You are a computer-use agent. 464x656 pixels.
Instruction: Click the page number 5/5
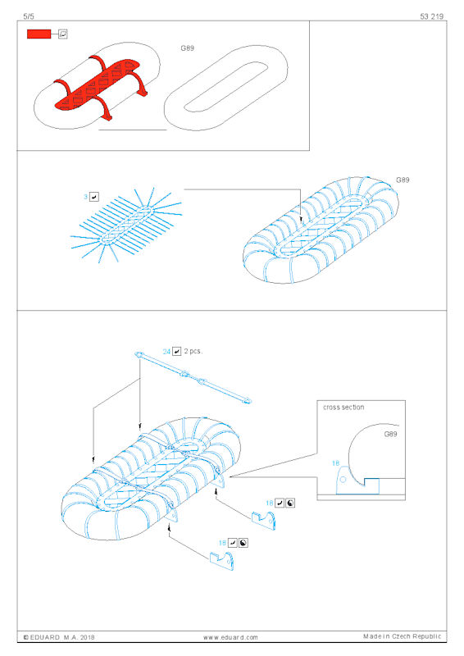click(29, 16)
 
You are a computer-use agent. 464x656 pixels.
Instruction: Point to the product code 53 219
click(431, 16)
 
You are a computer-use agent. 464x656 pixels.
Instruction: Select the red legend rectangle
click(39, 34)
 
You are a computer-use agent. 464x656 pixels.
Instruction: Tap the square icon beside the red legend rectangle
click(63, 34)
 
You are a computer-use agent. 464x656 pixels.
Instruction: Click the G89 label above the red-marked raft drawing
click(188, 48)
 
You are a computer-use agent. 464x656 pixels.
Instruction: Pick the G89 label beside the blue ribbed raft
click(403, 180)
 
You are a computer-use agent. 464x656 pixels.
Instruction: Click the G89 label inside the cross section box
click(390, 434)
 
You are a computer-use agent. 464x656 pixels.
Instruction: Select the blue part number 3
click(86, 197)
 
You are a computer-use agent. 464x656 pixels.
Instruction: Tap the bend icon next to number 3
click(94, 197)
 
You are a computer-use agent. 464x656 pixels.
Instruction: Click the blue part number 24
click(166, 352)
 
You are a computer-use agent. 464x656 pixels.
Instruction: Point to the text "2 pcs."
click(193, 351)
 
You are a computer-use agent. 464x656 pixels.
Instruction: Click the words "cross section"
click(343, 407)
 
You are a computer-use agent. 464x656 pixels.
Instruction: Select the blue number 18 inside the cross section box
click(335, 463)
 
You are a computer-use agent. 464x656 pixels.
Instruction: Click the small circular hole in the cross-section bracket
click(343, 480)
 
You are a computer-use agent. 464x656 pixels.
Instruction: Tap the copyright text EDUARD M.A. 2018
click(59, 637)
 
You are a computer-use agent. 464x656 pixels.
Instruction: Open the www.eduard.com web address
click(230, 637)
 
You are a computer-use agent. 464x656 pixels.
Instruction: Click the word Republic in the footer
click(427, 636)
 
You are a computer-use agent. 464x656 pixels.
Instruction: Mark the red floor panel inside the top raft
click(96, 86)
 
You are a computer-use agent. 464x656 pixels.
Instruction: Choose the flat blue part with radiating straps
click(126, 225)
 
